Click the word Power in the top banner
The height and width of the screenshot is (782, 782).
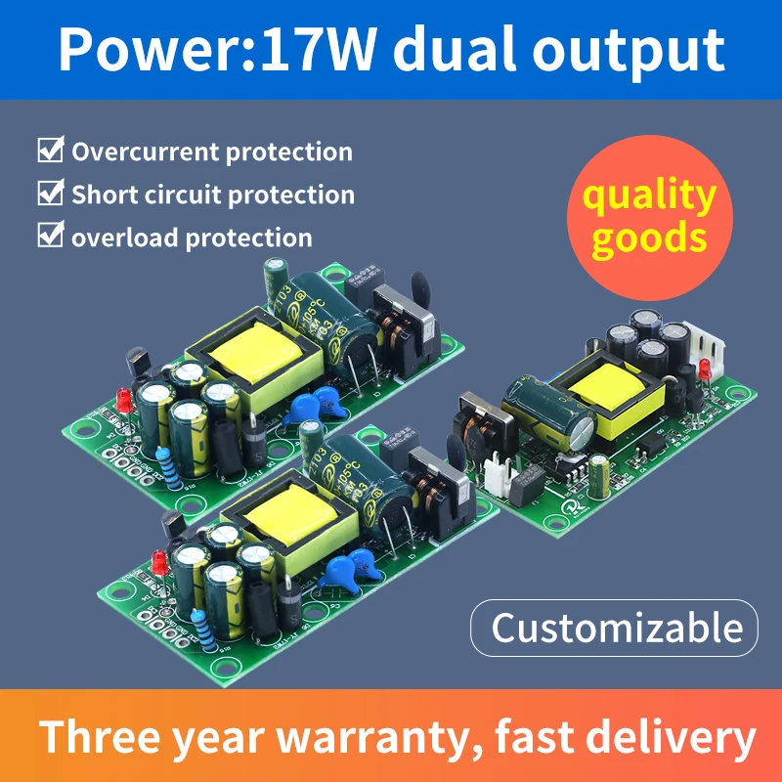131,50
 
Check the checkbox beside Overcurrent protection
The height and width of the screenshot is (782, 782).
50,152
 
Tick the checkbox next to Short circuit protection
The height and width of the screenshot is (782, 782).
50,194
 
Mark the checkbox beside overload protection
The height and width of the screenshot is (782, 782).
50,236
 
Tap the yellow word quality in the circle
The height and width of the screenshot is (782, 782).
649,195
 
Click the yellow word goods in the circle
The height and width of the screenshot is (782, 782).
649,238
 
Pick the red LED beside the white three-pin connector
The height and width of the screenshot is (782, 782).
703,372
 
